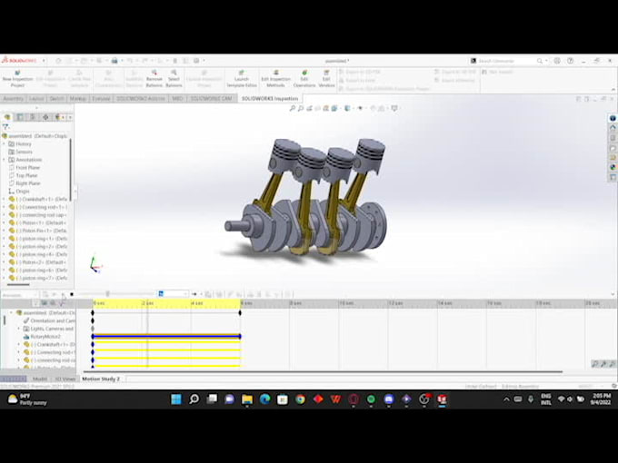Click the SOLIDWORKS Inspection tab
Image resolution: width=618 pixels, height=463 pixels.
pyautogui.click(x=270, y=98)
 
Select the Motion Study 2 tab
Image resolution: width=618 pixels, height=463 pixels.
pyautogui.click(x=101, y=379)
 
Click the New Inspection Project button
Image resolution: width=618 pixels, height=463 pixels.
pyautogui.click(x=17, y=79)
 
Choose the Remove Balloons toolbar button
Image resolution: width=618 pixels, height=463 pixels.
pyautogui.click(x=154, y=79)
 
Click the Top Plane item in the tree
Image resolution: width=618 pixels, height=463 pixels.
pyautogui.click(x=27, y=175)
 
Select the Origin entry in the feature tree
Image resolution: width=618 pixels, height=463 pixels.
pyautogui.click(x=23, y=191)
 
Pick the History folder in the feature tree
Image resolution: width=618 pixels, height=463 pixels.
pyautogui.click(x=23, y=143)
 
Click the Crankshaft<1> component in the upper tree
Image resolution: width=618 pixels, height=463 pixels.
pyautogui.click(x=41, y=199)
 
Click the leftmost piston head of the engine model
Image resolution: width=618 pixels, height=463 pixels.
pyautogui.click(x=286, y=150)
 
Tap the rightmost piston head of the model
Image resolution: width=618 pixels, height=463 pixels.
pyautogui.click(x=370, y=147)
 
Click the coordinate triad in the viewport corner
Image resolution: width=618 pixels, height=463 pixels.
pyautogui.click(x=94, y=264)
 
